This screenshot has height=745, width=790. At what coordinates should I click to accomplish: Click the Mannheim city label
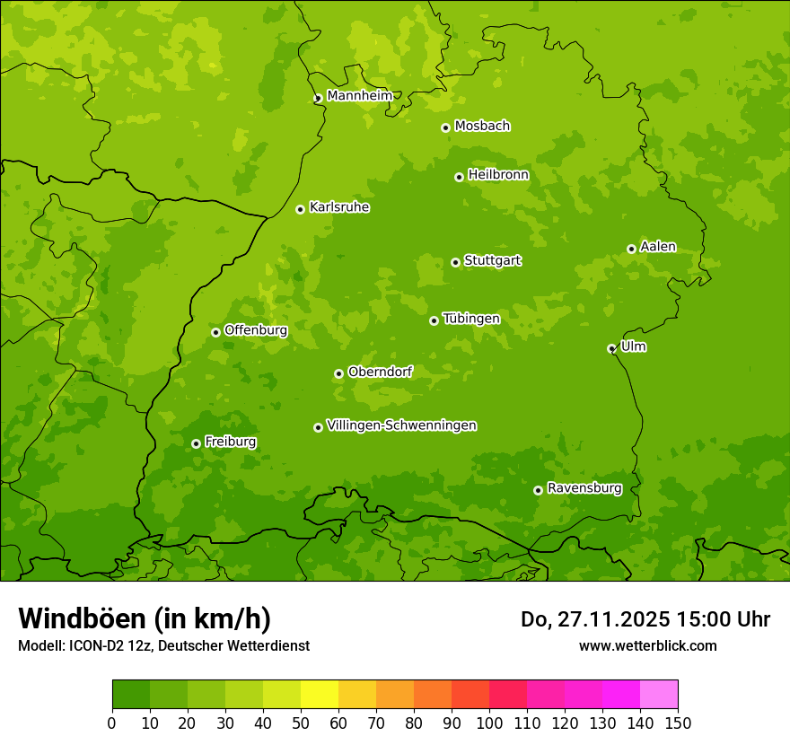(x=359, y=96)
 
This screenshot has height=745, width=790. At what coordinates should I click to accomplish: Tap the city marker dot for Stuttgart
(x=455, y=262)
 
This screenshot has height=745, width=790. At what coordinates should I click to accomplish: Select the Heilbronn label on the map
(x=498, y=175)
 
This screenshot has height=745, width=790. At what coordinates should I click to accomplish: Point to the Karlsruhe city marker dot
(x=300, y=209)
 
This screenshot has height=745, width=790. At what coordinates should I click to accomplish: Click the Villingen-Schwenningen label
(x=401, y=425)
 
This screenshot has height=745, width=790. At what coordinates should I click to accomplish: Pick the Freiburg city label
(x=230, y=442)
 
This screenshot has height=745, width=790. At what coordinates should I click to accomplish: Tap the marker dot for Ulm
(x=611, y=348)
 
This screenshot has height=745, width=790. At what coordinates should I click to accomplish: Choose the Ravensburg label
(x=584, y=488)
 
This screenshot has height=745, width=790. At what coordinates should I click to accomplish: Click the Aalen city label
(x=658, y=247)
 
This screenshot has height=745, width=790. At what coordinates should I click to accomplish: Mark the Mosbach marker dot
(x=445, y=127)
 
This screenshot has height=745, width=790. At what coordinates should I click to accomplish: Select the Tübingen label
(x=471, y=319)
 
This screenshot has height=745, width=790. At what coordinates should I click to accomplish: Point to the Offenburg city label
(x=256, y=330)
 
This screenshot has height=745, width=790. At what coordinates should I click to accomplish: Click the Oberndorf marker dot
(x=338, y=373)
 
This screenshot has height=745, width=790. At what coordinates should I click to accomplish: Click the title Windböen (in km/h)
(x=145, y=618)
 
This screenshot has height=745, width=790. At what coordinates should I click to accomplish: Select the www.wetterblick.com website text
(x=647, y=645)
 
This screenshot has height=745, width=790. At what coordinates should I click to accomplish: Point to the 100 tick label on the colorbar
(x=489, y=723)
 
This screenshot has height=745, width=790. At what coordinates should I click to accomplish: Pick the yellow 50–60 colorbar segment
(x=320, y=695)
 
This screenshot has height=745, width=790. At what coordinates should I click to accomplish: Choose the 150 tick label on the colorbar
(x=678, y=723)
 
